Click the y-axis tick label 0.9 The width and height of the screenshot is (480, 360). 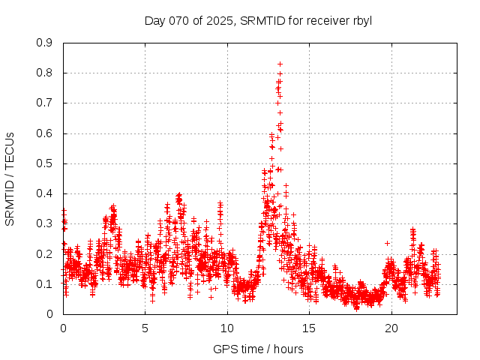46,43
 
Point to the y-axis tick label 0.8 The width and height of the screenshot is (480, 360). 46,73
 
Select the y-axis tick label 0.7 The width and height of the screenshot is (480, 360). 46,103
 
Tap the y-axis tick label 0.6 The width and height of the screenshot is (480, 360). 46,133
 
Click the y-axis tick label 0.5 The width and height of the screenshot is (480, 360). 46,163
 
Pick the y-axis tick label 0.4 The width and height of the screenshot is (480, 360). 46,193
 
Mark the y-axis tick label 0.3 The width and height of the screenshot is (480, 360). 46,223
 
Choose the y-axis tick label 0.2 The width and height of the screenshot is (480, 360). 46,253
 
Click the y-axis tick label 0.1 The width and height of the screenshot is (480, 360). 46,283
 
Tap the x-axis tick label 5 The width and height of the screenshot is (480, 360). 145,328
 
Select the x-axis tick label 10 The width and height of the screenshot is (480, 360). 227,328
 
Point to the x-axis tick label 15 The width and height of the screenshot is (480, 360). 310,328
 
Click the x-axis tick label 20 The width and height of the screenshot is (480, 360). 391,328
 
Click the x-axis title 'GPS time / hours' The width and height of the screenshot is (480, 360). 259,349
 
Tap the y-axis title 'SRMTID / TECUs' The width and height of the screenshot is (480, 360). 10,178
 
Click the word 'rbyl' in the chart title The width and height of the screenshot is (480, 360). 362,20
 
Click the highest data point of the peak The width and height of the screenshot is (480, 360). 280,64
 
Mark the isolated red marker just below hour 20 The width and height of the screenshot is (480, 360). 387,243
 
